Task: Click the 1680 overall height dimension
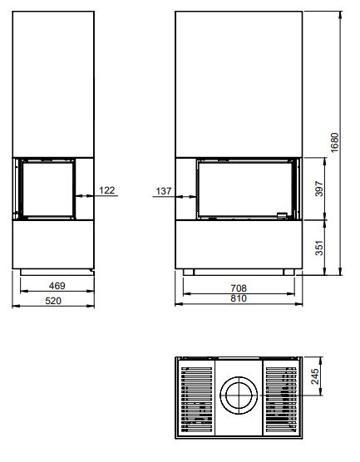335,143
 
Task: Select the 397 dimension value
319,189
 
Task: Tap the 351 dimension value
319,248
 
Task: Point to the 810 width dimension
239,298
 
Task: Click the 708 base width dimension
239,288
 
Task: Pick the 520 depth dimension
53,301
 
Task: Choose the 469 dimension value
57,286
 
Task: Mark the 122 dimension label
107,190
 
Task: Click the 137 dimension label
164,191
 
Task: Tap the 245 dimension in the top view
314,376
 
